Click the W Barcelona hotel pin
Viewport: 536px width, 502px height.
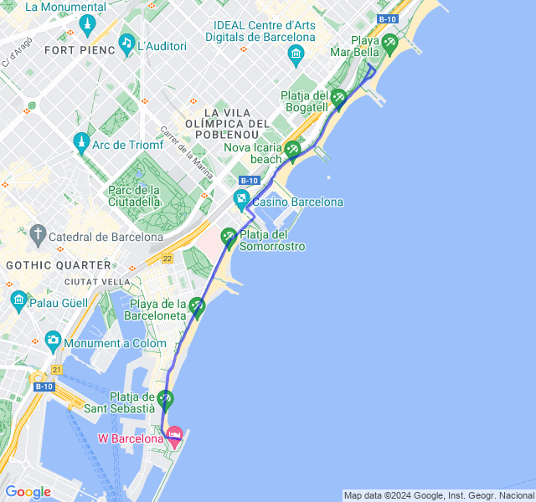tap(174, 434)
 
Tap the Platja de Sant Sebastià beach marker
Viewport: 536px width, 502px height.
tap(166, 399)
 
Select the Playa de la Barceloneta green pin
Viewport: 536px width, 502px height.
tap(198, 307)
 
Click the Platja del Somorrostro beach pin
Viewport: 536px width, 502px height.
tap(229, 238)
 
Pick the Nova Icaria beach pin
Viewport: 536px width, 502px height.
tap(292, 150)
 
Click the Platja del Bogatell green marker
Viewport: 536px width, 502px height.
tap(338, 98)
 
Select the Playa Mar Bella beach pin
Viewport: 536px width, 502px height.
tap(389, 43)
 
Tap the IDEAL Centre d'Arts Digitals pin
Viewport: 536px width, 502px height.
tap(295, 56)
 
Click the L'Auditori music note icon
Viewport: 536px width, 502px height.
tap(126, 43)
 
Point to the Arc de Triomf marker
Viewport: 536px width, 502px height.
tap(81, 141)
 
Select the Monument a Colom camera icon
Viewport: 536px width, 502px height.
tap(54, 340)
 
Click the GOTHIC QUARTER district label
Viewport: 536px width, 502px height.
tap(58, 264)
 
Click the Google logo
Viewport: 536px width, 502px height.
tap(28, 492)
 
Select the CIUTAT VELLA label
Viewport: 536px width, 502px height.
tap(98, 281)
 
